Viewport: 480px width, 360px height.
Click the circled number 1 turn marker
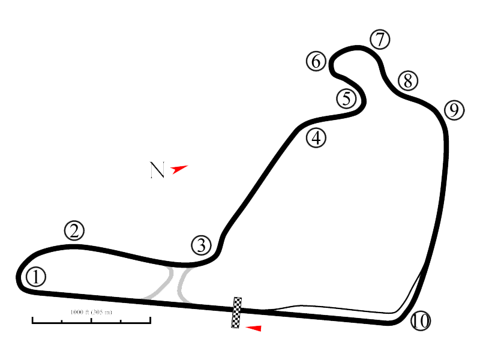coord(36,277)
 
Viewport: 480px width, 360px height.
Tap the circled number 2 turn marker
coord(74,231)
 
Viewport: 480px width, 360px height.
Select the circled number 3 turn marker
coord(202,245)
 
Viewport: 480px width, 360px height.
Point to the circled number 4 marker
coord(316,138)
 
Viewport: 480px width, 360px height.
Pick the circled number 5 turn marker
coord(346,98)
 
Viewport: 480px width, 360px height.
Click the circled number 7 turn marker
coord(379,40)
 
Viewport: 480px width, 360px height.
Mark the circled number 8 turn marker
coord(407,80)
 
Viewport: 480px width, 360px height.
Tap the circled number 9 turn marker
coord(454,110)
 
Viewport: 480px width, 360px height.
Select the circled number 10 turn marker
coord(421,321)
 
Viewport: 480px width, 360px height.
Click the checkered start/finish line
coord(237,312)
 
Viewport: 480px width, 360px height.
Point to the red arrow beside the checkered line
coord(254,328)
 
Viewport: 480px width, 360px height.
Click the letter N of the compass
coord(157,170)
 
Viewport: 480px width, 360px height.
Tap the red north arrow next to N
coord(179,169)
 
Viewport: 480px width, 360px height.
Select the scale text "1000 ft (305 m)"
coord(91,313)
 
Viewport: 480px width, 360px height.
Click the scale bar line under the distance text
coord(91,322)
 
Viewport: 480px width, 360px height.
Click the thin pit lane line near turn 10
coord(336,310)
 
